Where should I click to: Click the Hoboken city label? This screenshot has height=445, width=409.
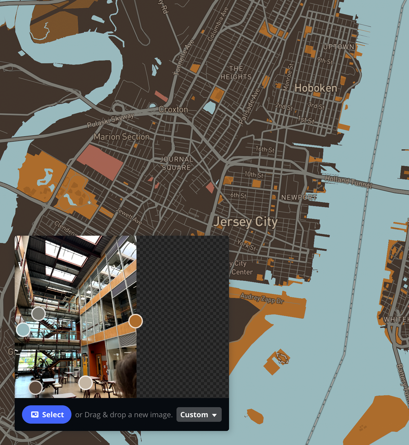[316, 88]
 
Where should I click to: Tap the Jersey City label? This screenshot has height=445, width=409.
[245, 222]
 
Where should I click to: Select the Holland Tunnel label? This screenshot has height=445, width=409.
[348, 181]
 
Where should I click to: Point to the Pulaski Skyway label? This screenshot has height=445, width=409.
[110, 120]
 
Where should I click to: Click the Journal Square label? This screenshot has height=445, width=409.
[176, 163]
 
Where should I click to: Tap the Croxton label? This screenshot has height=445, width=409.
[173, 109]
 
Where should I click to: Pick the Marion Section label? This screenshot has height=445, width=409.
[121, 137]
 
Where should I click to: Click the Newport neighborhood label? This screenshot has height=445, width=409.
[299, 197]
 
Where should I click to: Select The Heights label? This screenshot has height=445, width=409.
[236, 73]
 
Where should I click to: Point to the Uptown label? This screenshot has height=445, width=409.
[338, 47]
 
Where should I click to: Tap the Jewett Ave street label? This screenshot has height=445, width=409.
[129, 216]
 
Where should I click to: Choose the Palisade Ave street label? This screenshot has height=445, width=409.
[249, 106]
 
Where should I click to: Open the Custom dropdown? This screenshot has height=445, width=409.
[199, 414]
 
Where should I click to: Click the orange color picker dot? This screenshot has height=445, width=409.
[135, 321]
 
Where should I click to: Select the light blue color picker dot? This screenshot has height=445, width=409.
[23, 329]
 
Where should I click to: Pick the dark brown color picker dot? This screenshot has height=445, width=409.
[35, 387]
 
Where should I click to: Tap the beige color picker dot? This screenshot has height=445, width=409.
[85, 383]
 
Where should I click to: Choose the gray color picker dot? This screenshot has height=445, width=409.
[38, 314]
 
